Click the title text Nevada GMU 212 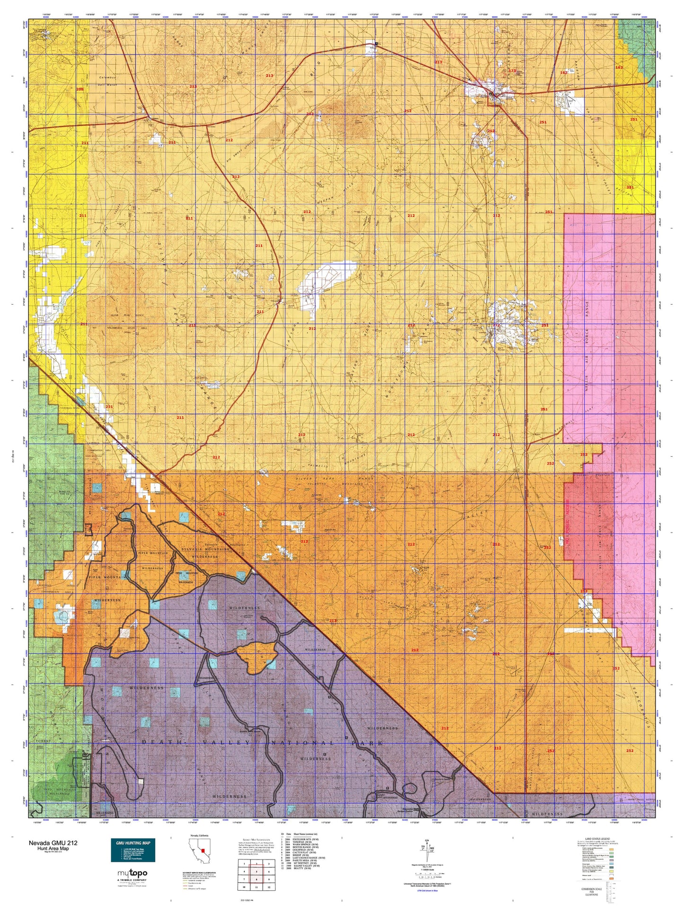point(53,843)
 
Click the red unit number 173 point(512,71)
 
